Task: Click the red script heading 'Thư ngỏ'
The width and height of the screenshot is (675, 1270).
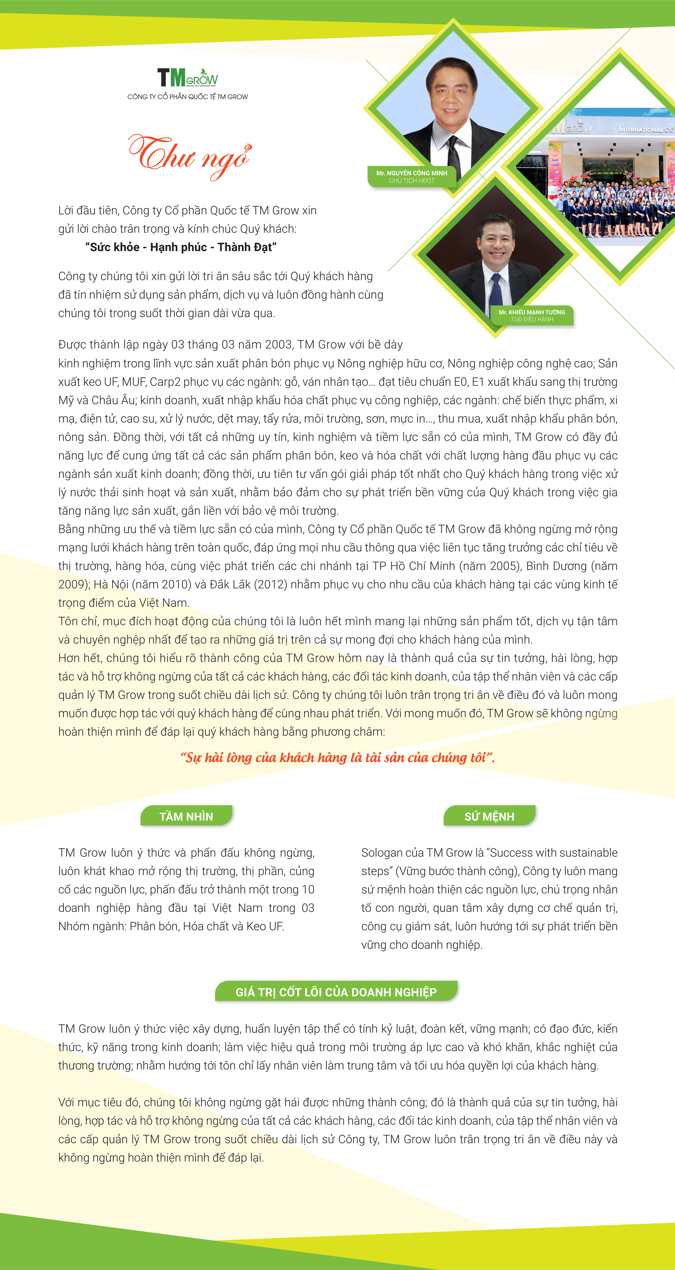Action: point(190,155)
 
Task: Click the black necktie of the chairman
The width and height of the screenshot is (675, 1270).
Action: point(453,153)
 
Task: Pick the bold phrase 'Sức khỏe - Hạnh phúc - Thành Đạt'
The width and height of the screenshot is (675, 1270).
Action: point(181,247)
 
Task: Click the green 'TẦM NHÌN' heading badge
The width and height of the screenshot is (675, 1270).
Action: point(186,816)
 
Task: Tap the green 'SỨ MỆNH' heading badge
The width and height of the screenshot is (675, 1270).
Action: point(489,816)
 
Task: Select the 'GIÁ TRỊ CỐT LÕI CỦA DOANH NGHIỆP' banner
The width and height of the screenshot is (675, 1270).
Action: point(336,991)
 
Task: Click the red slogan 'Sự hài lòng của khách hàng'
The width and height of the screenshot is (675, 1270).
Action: point(337,757)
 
